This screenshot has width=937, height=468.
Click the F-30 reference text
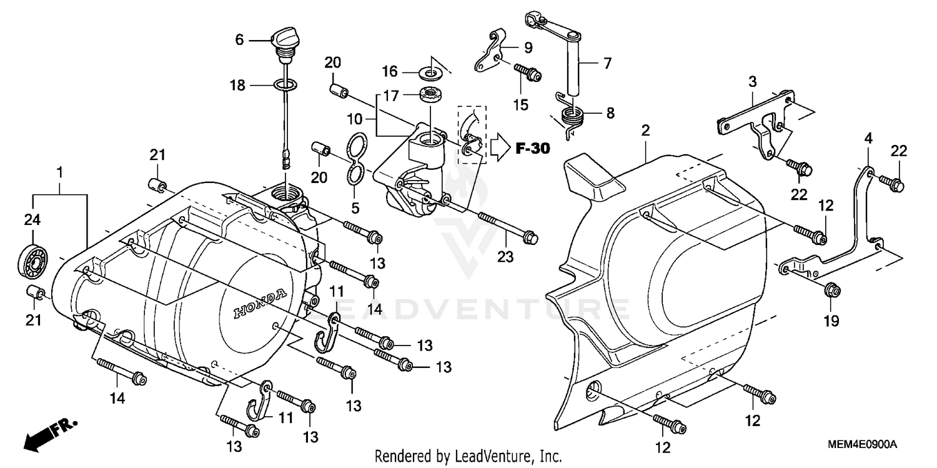(532, 149)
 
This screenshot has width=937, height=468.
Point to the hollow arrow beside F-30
(500, 148)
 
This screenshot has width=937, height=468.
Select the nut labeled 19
(831, 289)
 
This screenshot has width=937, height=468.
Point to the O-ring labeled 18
(285, 84)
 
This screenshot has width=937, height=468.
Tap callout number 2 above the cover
(645, 131)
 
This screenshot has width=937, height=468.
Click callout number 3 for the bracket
(753, 81)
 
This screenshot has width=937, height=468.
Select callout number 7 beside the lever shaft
(607, 62)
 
